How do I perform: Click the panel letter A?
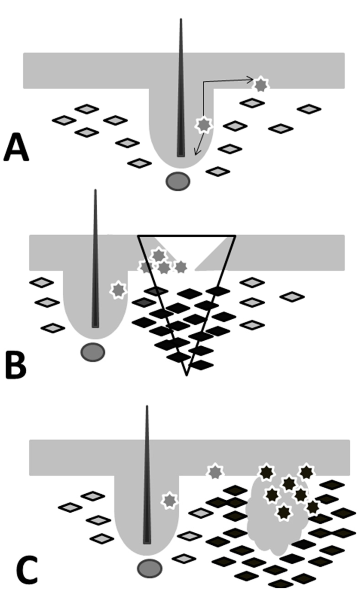pyautogui.click(x=16, y=148)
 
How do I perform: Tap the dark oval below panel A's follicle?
pyautogui.click(x=178, y=181)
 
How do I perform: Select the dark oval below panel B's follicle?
pyautogui.click(x=93, y=352)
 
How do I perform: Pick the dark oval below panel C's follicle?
pyautogui.click(x=150, y=568)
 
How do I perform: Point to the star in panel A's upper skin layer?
pyautogui.click(x=261, y=85)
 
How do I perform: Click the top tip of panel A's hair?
pyautogui.click(x=181, y=20)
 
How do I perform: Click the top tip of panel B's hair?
pyautogui.click(x=95, y=191)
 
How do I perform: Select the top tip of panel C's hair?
pyautogui.click(x=147, y=406)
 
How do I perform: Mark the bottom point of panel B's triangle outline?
pyautogui.click(x=187, y=374)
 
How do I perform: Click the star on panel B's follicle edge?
pyautogui.click(x=118, y=290)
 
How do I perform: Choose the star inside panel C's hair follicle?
pyautogui.click(x=169, y=500)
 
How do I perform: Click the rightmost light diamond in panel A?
pyautogui.click(x=309, y=109)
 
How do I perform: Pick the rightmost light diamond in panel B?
pyautogui.click(x=292, y=297)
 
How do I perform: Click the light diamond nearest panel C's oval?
pyautogui.click(x=184, y=558)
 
